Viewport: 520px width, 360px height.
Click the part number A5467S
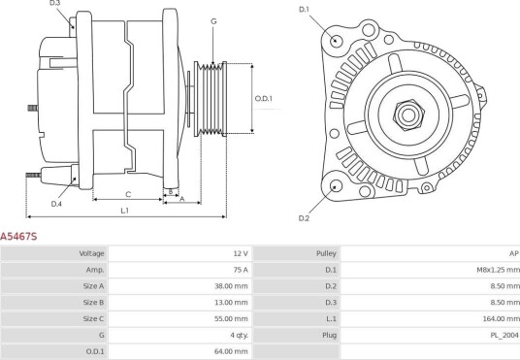(x=18, y=236)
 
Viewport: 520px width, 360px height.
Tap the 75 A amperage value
(x=241, y=270)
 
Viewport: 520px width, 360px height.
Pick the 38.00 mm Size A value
(x=231, y=286)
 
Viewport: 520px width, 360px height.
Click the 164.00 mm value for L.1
(x=502, y=318)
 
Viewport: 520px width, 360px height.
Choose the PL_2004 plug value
(x=504, y=335)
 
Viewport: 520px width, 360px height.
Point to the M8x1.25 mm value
(x=498, y=270)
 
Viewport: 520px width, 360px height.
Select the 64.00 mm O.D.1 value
(x=231, y=351)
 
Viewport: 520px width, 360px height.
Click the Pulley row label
(x=326, y=253)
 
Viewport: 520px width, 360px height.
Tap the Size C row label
(x=93, y=318)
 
